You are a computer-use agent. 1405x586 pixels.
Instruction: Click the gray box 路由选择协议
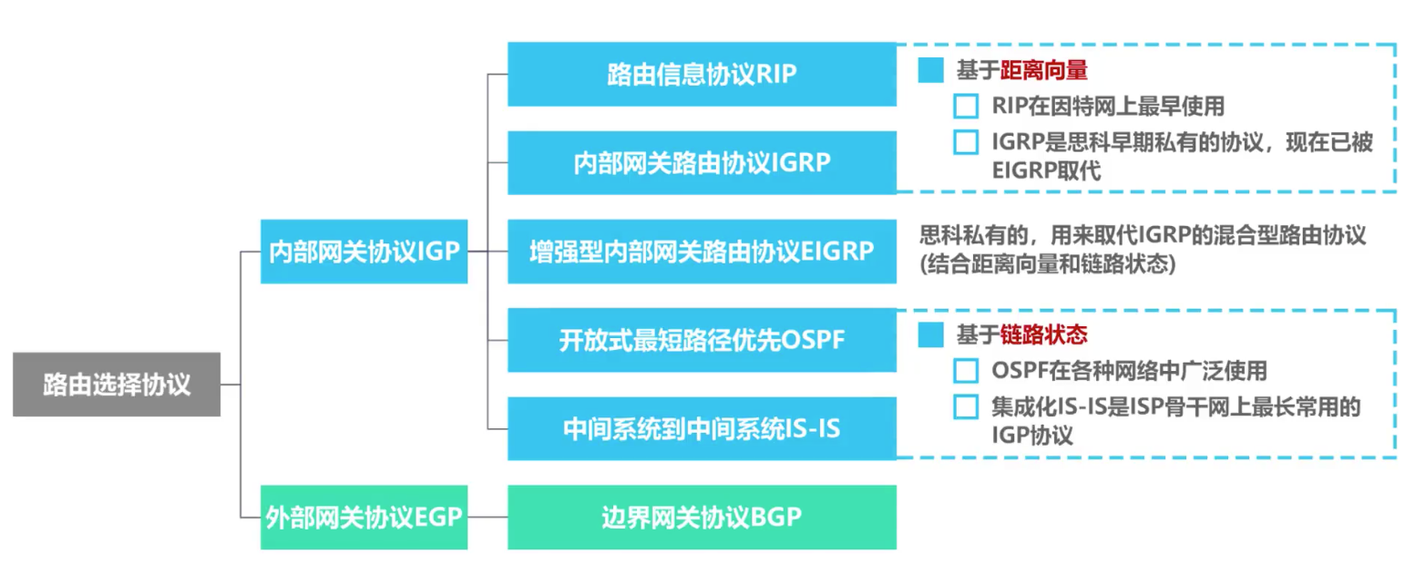(117, 385)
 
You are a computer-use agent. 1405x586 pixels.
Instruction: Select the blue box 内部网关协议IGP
(364, 252)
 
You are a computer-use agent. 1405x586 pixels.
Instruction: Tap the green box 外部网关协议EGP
(364, 517)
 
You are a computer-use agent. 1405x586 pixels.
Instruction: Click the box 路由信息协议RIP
(702, 74)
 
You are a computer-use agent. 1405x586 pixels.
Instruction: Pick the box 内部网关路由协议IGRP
(702, 162)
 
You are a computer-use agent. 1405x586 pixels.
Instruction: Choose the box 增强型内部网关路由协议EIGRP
(702, 251)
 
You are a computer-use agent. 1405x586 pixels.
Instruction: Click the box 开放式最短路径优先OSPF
(702, 340)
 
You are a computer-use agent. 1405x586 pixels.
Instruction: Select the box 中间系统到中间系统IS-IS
(702, 428)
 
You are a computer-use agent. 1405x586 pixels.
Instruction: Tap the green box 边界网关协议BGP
(702, 517)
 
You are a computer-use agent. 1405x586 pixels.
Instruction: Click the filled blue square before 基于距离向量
(930, 70)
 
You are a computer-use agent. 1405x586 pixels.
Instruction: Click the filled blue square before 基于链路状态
(930, 335)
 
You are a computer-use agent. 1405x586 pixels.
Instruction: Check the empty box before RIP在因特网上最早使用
(965, 107)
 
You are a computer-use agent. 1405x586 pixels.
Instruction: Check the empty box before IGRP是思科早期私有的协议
(965, 142)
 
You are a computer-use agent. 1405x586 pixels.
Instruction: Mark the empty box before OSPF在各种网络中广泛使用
(965, 371)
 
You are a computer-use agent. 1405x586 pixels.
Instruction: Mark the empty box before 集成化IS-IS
(965, 406)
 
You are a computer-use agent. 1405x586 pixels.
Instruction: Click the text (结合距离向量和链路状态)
(1047, 264)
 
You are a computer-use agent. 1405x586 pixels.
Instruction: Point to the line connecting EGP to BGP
(487, 517)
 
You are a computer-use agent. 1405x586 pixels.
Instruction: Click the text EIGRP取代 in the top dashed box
(1038, 171)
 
